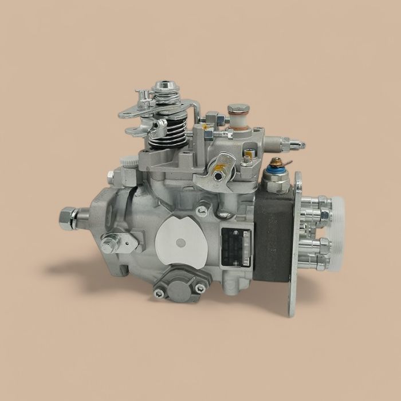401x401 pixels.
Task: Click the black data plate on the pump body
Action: click(235, 246)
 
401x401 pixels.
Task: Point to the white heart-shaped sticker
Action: click(182, 241)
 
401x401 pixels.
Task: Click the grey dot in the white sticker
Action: click(181, 243)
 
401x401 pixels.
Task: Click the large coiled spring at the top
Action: click(167, 131)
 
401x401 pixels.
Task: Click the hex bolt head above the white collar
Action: click(238, 108)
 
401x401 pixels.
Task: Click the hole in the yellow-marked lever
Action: click(218, 172)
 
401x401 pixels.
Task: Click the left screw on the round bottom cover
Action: click(160, 293)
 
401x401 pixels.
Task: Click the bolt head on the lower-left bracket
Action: click(108, 243)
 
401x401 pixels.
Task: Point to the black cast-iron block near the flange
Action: click(273, 235)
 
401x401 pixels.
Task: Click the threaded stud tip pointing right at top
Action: click(299, 146)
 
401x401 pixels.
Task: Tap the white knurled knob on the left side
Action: click(131, 163)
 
